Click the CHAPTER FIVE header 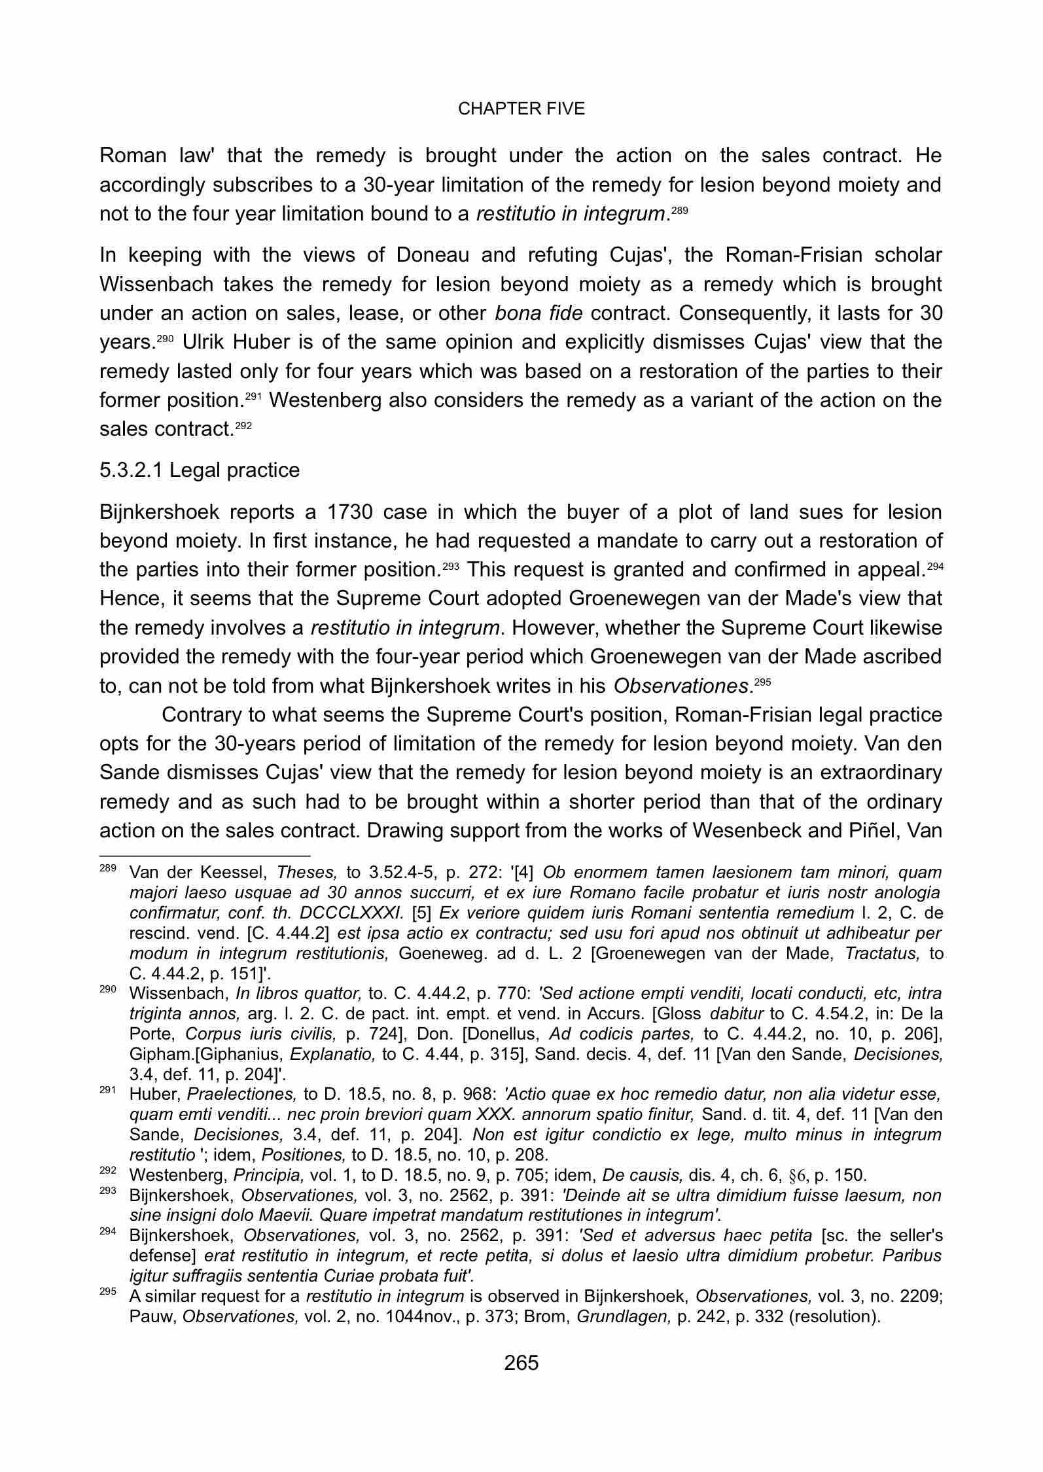521,109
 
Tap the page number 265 521,1363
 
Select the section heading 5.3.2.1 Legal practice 200,470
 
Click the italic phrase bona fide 538,313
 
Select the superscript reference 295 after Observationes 762,682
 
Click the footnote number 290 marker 107,990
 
